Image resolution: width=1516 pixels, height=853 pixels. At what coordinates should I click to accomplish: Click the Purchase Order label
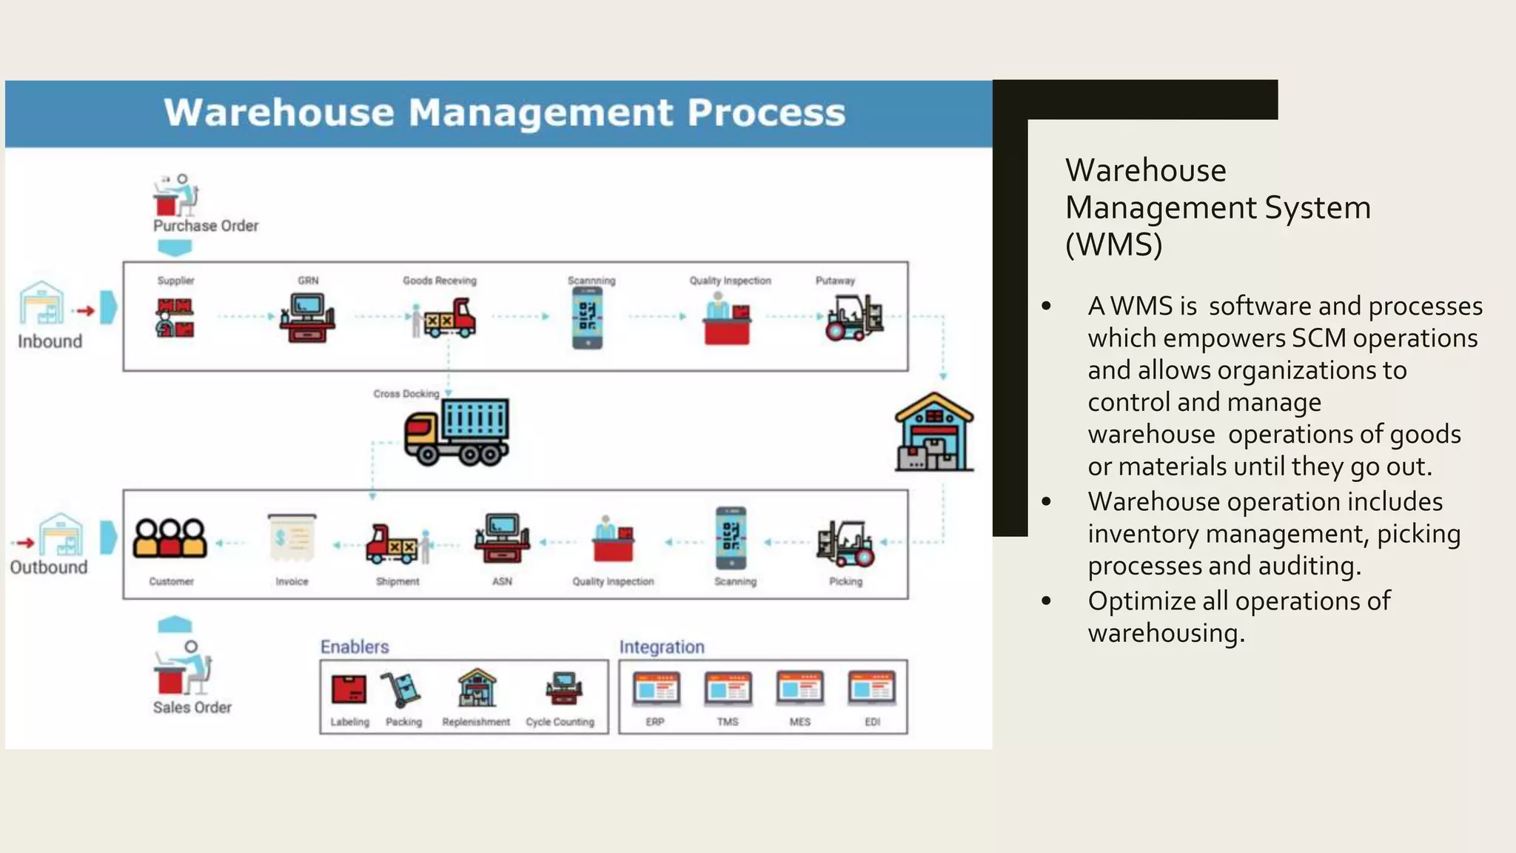206,226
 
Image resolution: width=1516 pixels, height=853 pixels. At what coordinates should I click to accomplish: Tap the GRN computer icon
307,318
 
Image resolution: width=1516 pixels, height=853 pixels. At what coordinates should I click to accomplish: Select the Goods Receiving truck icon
445,318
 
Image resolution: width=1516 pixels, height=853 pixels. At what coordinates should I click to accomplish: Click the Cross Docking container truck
457,432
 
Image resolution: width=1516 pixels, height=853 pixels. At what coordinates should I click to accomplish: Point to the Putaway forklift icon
854,318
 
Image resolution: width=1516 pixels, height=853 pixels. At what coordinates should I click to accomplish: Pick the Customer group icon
170,538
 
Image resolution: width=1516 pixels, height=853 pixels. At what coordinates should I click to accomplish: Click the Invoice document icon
292,538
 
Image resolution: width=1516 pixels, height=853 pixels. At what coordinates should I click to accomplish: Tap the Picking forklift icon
845,543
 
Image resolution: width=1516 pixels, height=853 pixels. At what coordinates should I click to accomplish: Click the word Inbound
50,341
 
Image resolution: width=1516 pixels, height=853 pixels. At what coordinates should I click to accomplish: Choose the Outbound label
49,567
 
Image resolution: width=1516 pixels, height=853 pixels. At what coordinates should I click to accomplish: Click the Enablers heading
355,647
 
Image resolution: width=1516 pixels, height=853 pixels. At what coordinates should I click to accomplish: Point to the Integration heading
662,647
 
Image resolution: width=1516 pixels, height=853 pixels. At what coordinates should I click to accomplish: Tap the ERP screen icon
656,689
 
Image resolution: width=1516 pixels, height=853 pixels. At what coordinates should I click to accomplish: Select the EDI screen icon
872,689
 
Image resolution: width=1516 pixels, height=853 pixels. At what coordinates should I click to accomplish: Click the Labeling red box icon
349,689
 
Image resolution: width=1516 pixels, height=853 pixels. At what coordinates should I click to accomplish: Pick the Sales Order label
192,708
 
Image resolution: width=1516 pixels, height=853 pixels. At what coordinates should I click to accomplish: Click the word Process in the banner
765,113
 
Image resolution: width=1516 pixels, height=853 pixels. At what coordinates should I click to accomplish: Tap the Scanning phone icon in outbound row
731,538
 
